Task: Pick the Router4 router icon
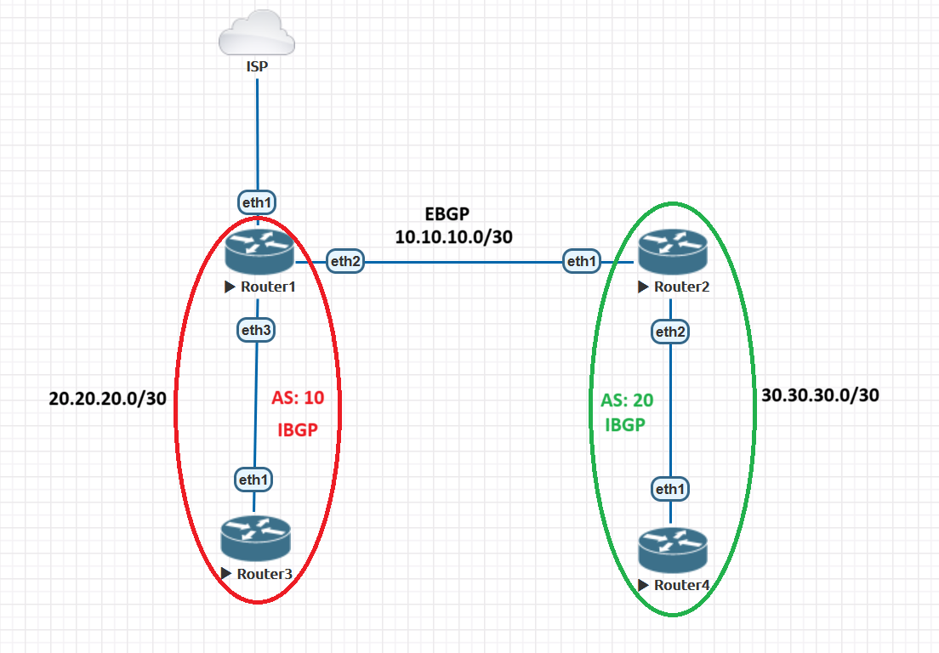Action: coord(672,548)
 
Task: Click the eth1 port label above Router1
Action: coord(257,202)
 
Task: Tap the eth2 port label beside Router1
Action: coord(345,262)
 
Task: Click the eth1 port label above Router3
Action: coord(253,480)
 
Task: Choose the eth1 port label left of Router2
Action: coord(582,262)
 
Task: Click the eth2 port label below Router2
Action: coord(670,332)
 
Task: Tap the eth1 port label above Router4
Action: coord(670,489)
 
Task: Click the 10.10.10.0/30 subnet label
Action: coord(453,237)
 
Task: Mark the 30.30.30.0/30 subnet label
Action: coord(821,395)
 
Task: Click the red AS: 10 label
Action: coord(298,397)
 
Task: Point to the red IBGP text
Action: coord(298,429)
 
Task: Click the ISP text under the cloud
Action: coord(257,65)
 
